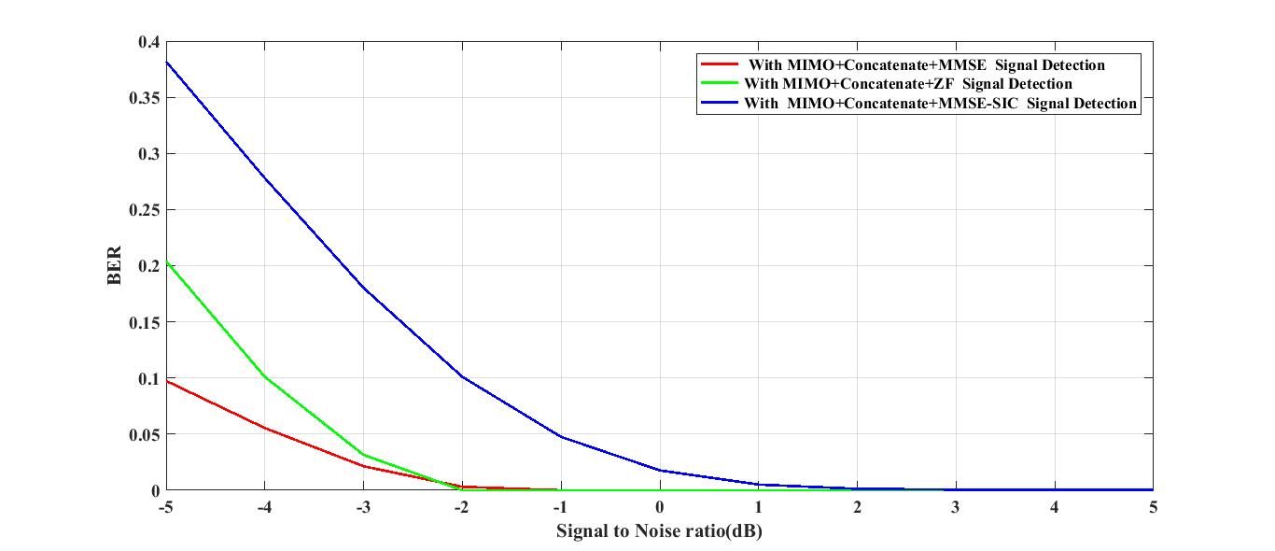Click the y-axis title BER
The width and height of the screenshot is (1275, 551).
[x=115, y=266]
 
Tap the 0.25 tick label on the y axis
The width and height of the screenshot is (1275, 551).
[x=146, y=210]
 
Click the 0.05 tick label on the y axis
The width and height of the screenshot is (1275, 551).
[x=146, y=434]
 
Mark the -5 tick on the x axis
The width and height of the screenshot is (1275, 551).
[x=166, y=507]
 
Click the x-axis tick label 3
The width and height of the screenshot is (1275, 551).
[x=956, y=507]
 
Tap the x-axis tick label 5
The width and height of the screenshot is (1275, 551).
[x=1153, y=507]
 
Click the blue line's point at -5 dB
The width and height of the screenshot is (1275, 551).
[x=167, y=63]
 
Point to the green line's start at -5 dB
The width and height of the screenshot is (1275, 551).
[x=167, y=262]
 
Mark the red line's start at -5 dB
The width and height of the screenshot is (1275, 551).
[x=167, y=381]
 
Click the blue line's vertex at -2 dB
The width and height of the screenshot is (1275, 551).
[x=462, y=376]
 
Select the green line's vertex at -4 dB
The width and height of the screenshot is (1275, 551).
[x=265, y=377]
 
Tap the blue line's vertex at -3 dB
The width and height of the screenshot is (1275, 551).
[x=364, y=289]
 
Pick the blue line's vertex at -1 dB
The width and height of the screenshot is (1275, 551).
[x=561, y=436]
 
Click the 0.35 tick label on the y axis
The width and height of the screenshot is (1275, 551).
[x=146, y=98]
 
